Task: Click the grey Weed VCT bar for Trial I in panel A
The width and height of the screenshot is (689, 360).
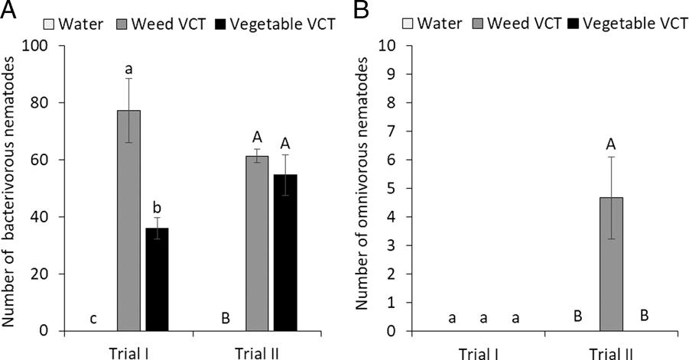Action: [x=128, y=221]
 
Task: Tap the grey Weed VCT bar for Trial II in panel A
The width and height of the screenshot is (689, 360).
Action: [x=257, y=244]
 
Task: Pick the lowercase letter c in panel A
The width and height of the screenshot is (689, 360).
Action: [x=93, y=318]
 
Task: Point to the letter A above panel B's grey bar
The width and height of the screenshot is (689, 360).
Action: [x=612, y=142]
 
